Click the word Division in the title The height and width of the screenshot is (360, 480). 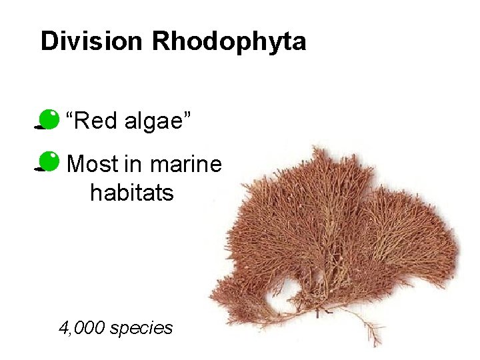[x=93, y=41]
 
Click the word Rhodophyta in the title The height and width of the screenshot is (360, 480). [x=229, y=41]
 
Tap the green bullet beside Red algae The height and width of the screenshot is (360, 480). [x=49, y=119]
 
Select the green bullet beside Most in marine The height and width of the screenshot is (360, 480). [x=49, y=162]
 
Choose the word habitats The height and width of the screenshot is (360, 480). [x=132, y=193]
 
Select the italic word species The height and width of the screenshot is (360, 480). [x=142, y=329]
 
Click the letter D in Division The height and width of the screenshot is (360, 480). [x=47, y=41]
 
